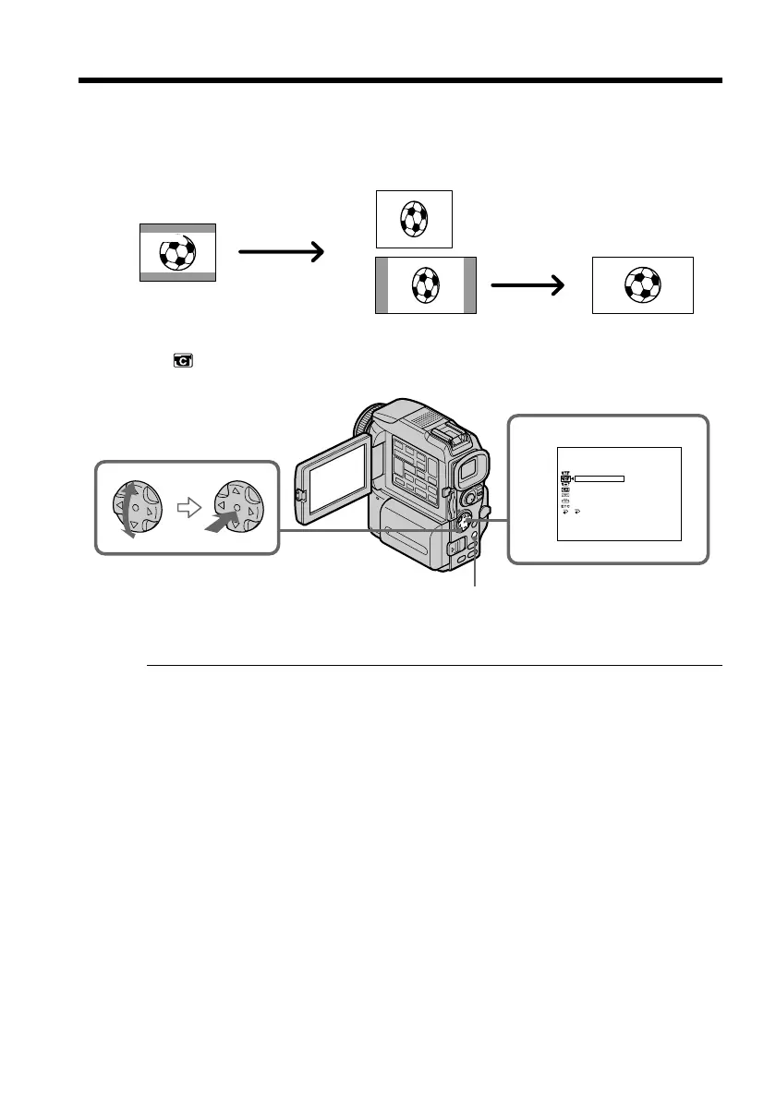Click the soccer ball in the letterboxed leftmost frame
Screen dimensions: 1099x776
(177, 252)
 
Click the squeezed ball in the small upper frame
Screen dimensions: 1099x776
(413, 219)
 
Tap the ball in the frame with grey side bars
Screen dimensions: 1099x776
(425, 284)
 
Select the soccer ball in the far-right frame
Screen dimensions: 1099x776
(642, 284)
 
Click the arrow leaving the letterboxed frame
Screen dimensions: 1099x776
(281, 250)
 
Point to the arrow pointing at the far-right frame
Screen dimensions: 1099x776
(527, 287)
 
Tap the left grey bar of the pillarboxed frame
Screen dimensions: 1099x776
(382, 285)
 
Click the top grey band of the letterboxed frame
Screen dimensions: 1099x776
(177, 227)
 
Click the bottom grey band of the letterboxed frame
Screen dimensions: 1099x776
(177, 275)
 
